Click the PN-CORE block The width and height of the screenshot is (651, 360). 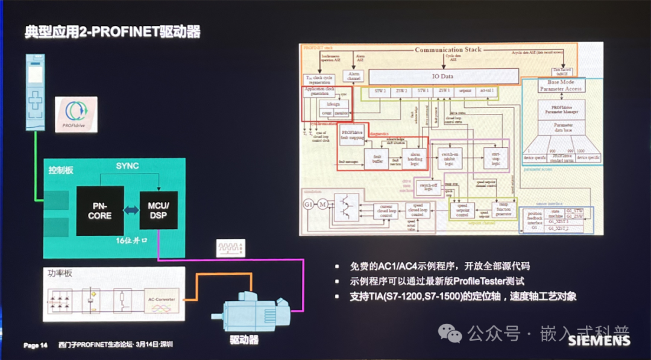(x=99, y=211)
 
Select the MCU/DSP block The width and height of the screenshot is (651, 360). (x=158, y=210)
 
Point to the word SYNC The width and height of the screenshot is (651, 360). (x=127, y=166)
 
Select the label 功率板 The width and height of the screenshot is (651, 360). (x=60, y=273)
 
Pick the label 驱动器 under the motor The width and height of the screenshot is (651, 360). (x=244, y=340)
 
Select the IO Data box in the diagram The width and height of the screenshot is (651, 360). (x=442, y=77)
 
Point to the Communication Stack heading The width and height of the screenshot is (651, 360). (x=448, y=49)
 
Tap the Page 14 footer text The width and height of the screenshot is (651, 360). (x=36, y=346)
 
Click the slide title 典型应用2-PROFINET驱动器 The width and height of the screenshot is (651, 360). (x=112, y=31)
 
